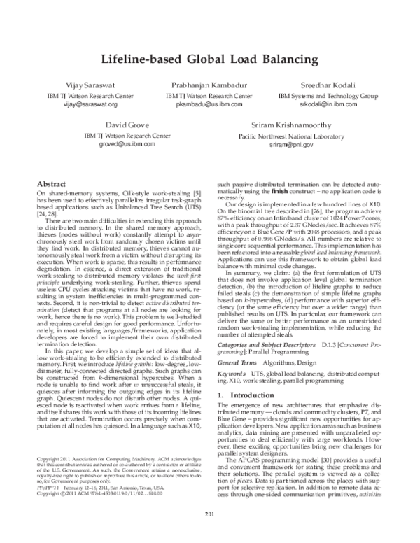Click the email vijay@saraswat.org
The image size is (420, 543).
coord(89,104)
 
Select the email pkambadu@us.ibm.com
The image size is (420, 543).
coord(209,104)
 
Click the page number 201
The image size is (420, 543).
coord(209,516)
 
